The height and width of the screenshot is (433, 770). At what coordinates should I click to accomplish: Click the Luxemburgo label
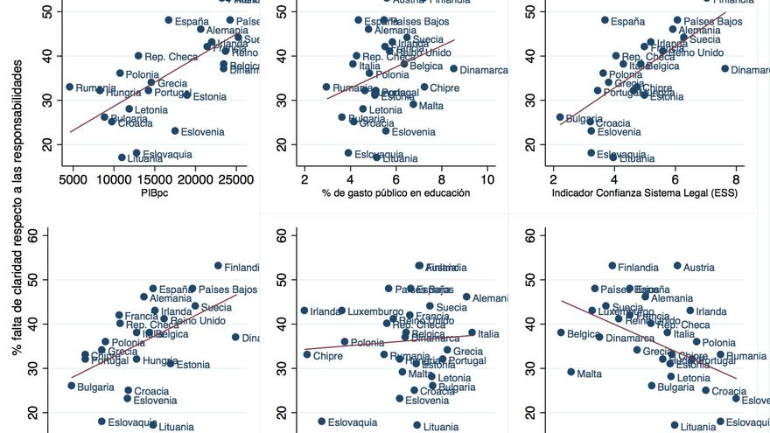(376, 311)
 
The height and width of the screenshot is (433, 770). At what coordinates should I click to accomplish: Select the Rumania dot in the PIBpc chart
(70, 87)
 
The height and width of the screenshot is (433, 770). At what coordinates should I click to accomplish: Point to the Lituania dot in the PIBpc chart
(122, 157)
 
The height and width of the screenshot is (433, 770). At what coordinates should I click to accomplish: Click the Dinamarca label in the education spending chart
(484, 70)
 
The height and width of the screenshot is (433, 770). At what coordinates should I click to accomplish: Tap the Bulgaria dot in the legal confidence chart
(560, 117)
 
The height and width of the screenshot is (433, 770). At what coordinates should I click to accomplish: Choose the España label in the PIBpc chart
(192, 21)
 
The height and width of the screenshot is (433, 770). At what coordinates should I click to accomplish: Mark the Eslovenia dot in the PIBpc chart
(175, 131)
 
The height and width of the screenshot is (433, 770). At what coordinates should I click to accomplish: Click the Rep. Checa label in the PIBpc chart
(168, 57)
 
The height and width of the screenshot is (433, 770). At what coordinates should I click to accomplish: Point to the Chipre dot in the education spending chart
(424, 87)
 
